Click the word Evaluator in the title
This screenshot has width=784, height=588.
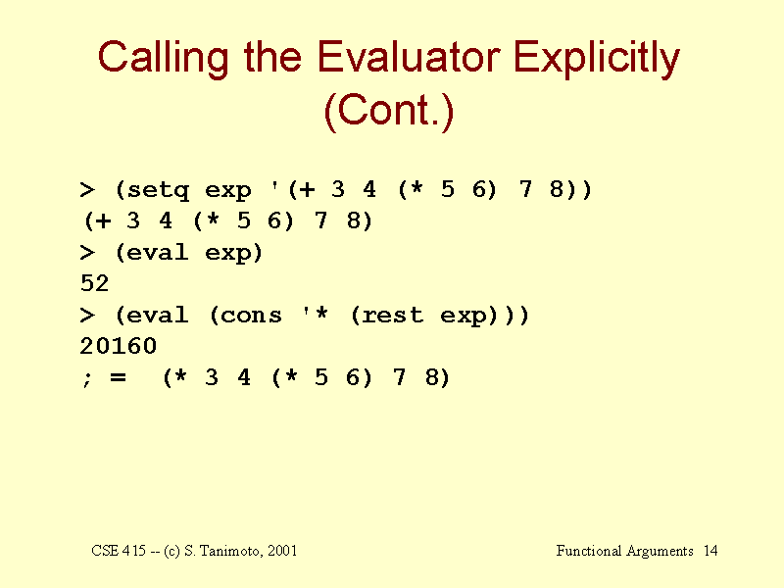pyautogui.click(x=408, y=57)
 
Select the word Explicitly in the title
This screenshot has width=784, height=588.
pyautogui.click(x=597, y=59)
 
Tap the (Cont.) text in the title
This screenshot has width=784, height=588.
pyautogui.click(x=389, y=111)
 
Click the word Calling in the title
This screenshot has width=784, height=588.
pyautogui.click(x=163, y=59)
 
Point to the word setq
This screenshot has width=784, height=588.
pyautogui.click(x=158, y=190)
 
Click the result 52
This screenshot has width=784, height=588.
pyautogui.click(x=94, y=283)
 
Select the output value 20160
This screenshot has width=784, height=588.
pyautogui.click(x=118, y=346)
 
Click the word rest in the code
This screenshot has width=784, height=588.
pyautogui.click(x=393, y=315)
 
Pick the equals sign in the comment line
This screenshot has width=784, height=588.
pyautogui.click(x=118, y=377)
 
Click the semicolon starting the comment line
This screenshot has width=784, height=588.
pyautogui.click(x=87, y=379)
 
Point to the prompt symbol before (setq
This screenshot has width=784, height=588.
pyautogui.click(x=87, y=190)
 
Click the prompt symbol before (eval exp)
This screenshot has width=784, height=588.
pyautogui.click(x=87, y=253)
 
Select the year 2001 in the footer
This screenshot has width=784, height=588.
pyautogui.click(x=282, y=551)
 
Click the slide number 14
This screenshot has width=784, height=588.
pyautogui.click(x=710, y=551)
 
